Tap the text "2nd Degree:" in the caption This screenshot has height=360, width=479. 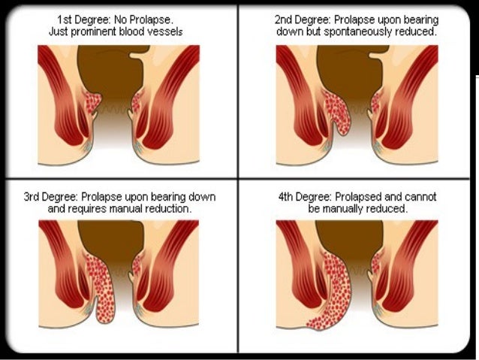pyautogui.click(x=303, y=19)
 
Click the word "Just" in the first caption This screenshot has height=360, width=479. pyautogui.click(x=60, y=32)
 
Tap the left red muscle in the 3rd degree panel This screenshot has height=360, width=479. pyautogui.click(x=60, y=271)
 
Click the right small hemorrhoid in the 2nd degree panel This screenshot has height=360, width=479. pyautogui.click(x=376, y=101)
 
